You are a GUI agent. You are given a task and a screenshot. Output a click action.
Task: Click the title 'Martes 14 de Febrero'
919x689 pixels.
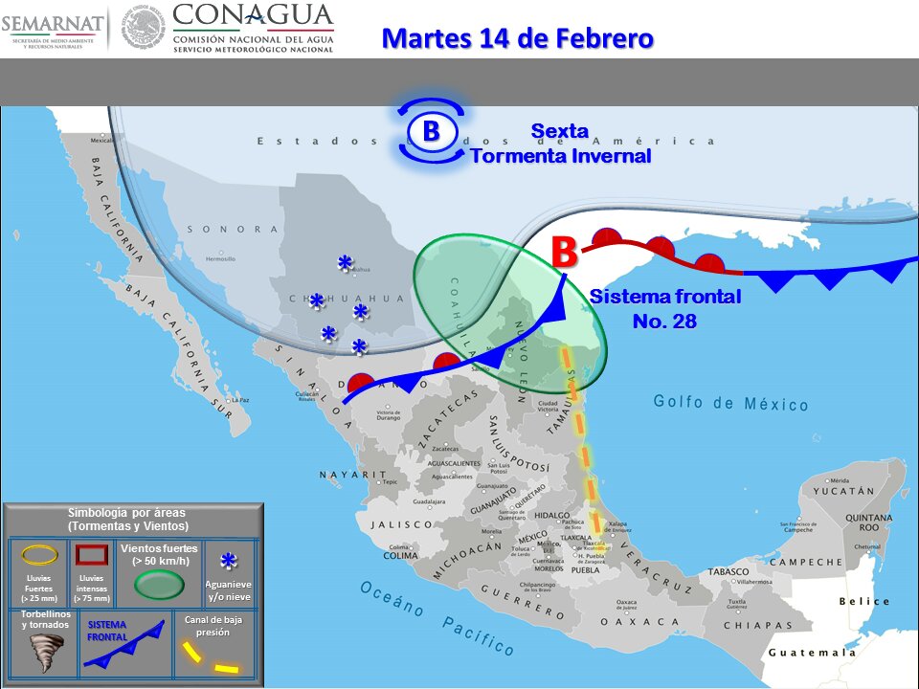[517, 38]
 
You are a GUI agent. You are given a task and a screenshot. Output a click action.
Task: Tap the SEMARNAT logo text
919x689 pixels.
[52, 20]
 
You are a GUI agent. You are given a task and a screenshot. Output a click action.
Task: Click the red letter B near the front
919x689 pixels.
[564, 252]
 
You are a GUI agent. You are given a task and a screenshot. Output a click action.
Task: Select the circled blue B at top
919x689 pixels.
[431, 130]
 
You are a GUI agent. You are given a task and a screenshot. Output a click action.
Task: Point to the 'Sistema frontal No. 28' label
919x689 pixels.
[664, 308]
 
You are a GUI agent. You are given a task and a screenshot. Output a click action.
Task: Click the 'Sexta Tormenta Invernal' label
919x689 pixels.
[560, 144]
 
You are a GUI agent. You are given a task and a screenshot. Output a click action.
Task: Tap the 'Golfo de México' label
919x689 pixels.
[731, 403]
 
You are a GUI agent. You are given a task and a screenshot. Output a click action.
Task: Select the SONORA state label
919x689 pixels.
[232, 230]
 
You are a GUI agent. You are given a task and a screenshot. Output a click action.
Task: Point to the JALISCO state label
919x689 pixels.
[403, 524]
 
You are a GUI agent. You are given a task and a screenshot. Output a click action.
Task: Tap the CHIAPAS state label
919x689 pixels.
[753, 625]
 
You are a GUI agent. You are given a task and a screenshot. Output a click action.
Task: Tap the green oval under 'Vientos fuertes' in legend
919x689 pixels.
[159, 583]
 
